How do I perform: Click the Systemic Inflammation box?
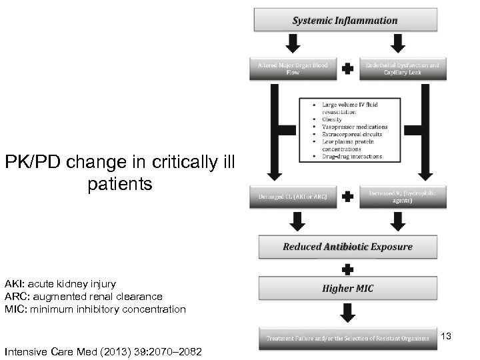(345, 21)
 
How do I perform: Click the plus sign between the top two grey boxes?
(346, 69)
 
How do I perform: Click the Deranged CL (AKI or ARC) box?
(293, 198)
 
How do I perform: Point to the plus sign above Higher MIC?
(346, 268)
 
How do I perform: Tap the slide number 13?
(446, 336)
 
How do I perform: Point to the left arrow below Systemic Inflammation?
(293, 43)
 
